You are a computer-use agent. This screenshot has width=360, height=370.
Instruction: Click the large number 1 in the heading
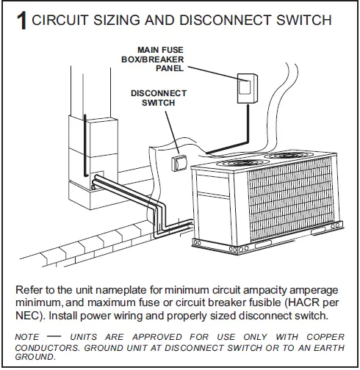tap(21, 21)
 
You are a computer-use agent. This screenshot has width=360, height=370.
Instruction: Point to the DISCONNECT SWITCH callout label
tap(159, 98)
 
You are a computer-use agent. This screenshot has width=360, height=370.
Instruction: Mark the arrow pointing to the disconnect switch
tap(168, 132)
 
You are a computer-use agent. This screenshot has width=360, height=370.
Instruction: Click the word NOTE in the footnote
tap(27, 336)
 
